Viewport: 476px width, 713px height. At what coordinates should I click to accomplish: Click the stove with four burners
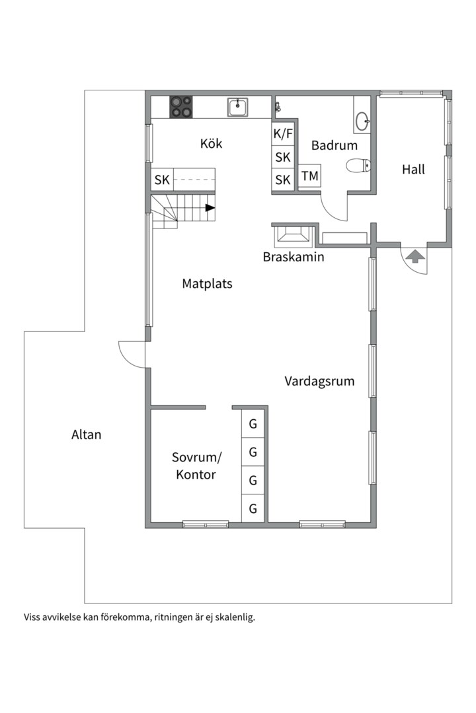click(182, 107)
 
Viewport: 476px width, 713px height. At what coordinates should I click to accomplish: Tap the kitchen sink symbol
click(238, 106)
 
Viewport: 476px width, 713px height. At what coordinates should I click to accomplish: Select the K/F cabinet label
click(283, 134)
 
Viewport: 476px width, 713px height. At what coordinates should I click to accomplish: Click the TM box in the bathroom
click(309, 177)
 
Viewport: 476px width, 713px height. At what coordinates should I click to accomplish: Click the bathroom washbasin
click(362, 121)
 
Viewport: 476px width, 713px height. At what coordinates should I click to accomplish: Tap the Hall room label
click(413, 170)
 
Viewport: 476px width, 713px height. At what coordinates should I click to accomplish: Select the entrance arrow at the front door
click(415, 256)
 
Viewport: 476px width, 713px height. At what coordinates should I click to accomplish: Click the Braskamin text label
click(294, 257)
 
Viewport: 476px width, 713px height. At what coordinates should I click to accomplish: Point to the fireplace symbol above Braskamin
click(292, 234)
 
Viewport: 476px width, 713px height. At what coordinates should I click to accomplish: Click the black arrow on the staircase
click(210, 208)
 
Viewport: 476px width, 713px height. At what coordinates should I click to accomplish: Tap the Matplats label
click(207, 284)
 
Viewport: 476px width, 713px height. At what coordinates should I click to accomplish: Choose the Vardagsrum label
click(319, 381)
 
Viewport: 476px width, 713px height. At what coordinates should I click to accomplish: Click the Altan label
click(87, 434)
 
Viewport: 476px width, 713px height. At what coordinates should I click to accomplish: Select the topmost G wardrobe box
click(253, 424)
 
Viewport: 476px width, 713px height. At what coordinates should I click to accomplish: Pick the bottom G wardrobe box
click(253, 508)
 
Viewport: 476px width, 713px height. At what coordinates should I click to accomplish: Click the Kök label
click(211, 144)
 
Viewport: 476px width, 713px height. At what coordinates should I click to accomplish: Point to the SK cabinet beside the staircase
click(162, 180)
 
